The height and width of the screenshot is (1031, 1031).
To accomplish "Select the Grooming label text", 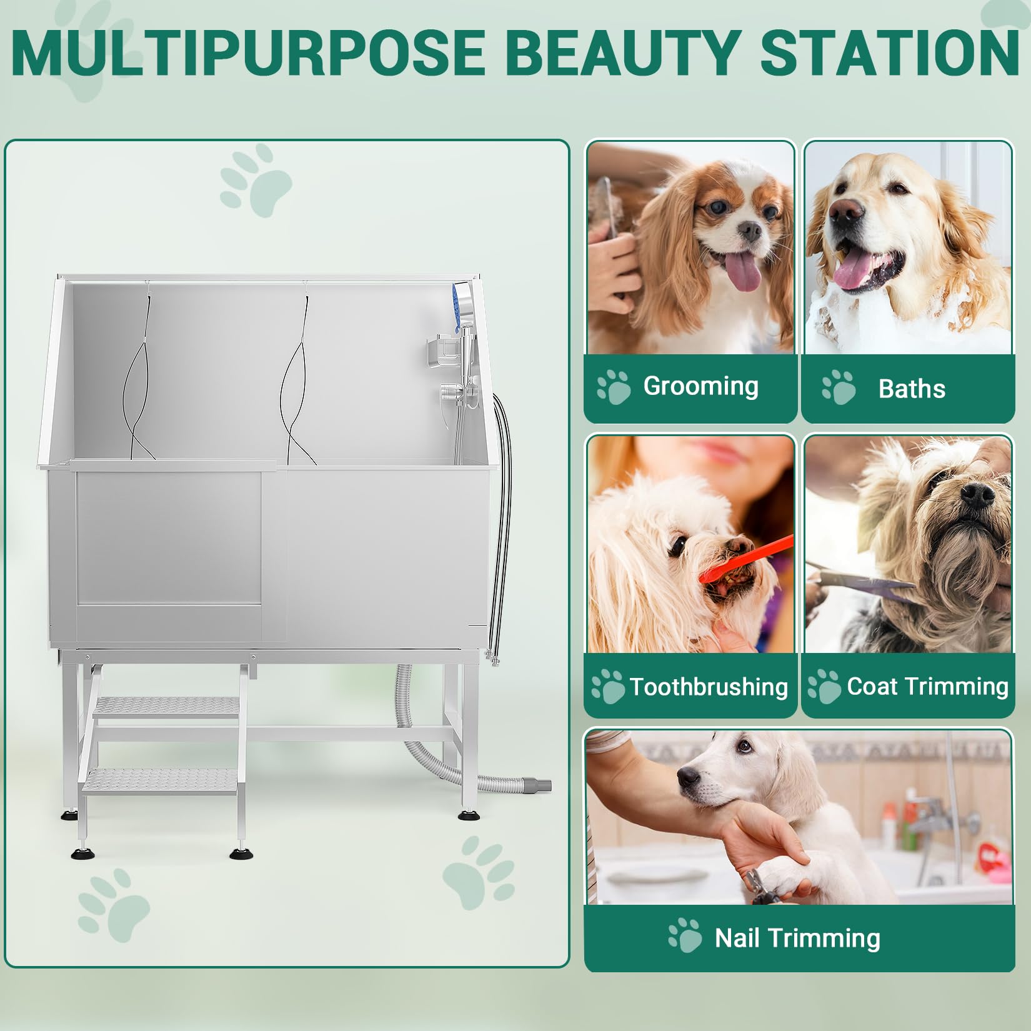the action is (x=700, y=387).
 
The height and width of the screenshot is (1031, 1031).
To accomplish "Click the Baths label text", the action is (x=912, y=389).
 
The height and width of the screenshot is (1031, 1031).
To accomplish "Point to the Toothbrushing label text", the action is (x=709, y=687).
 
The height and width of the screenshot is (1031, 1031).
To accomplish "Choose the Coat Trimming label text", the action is (x=927, y=686).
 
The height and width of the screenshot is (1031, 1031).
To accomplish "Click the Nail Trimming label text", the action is (x=797, y=938).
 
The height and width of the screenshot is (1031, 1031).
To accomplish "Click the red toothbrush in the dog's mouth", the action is (x=743, y=560).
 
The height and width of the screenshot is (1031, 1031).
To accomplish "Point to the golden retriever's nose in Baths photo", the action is (x=849, y=213).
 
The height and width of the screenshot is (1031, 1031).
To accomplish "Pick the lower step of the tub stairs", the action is (x=161, y=779).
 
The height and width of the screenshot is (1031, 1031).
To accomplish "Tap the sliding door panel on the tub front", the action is (x=169, y=539).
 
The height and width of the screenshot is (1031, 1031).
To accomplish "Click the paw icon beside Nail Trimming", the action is (x=685, y=935).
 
